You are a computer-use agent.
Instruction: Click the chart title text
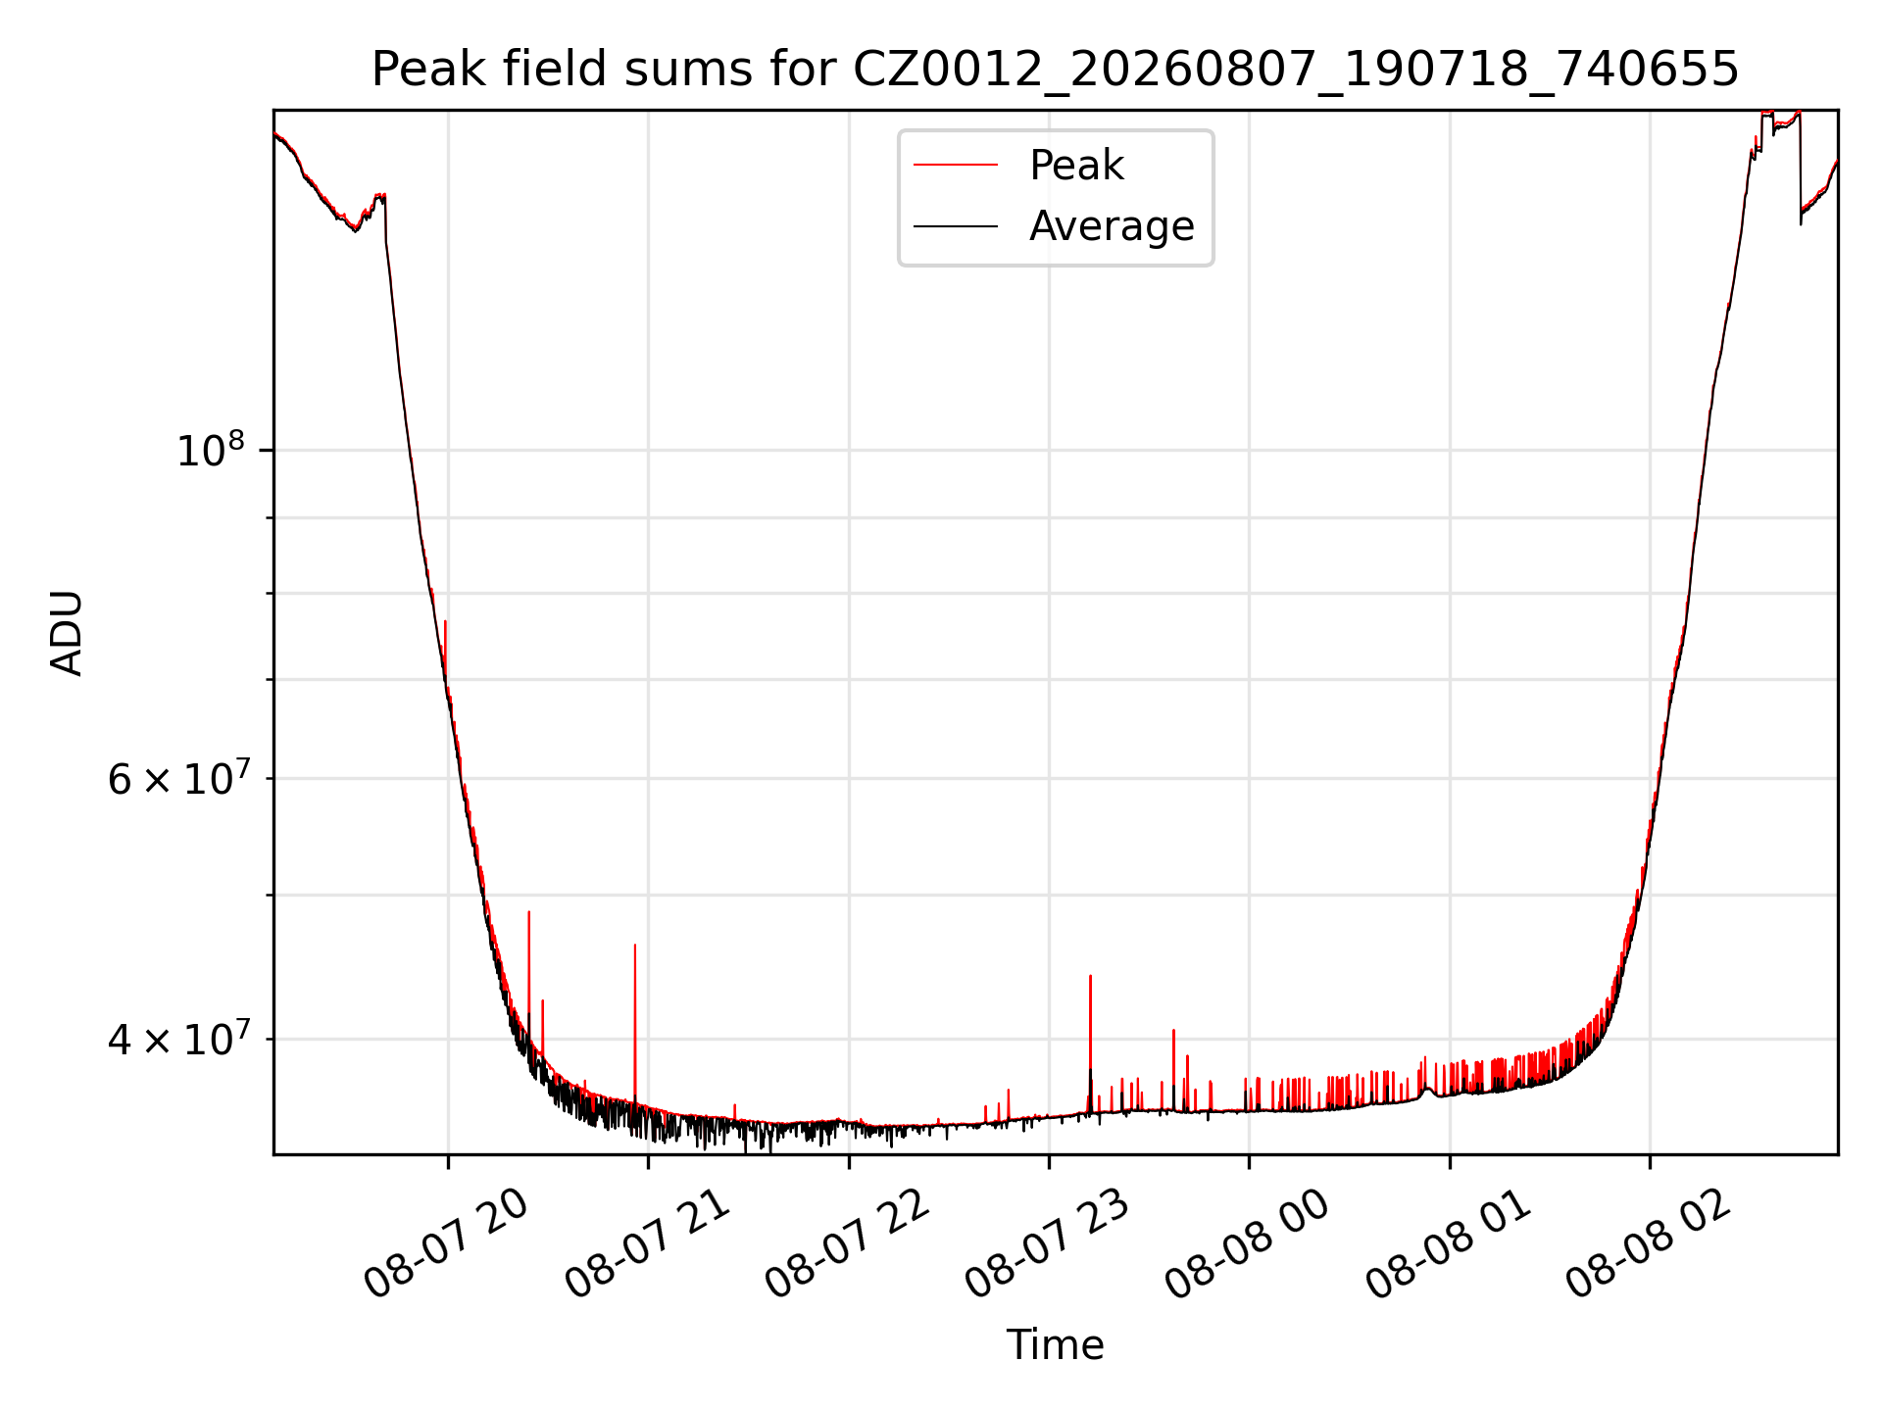click(1055, 70)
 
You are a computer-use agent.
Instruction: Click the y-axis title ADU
click(67, 633)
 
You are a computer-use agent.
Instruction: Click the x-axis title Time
click(1055, 1345)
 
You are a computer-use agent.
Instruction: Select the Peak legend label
click(1076, 166)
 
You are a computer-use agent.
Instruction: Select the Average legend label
click(1112, 226)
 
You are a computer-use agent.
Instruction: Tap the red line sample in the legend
click(956, 166)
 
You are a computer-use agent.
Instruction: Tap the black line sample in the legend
click(956, 226)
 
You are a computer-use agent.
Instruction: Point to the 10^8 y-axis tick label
click(210, 451)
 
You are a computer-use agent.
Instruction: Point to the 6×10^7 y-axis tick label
click(178, 779)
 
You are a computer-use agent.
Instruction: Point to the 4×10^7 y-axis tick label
click(178, 1039)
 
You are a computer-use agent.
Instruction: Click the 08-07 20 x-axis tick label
click(447, 1244)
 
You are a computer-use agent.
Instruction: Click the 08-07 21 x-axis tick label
click(648, 1244)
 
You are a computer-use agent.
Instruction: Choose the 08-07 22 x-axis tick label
click(848, 1244)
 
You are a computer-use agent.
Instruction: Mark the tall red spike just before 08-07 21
click(635, 945)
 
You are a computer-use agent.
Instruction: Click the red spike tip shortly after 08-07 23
click(1090, 976)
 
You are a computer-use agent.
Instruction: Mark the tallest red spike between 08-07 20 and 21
click(529, 912)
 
